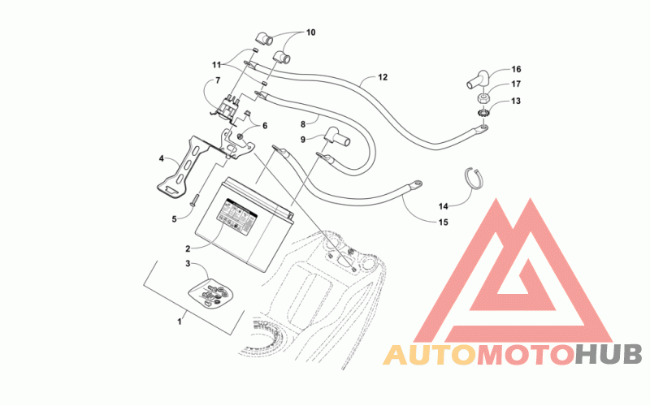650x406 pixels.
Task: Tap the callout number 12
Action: point(383,78)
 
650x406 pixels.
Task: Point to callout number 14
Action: point(442,206)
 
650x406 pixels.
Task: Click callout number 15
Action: point(443,222)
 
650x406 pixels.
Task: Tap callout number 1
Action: point(180,322)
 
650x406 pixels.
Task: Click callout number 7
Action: point(217,80)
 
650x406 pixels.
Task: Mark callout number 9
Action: point(302,140)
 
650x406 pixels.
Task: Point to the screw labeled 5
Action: point(196,197)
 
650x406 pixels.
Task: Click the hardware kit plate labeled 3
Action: point(214,293)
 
